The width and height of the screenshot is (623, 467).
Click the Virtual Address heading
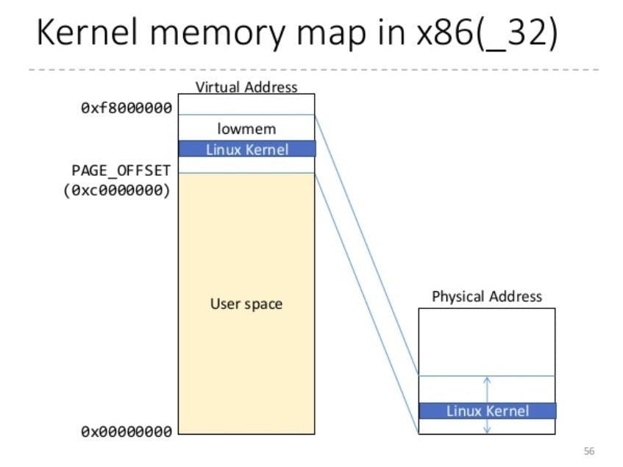click(246, 87)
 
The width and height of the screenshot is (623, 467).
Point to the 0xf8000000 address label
click(127, 108)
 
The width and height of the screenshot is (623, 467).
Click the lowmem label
click(246, 129)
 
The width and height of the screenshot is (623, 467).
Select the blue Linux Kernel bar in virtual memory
click(246, 149)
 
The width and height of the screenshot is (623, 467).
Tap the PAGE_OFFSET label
click(121, 171)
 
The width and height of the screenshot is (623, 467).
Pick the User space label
click(246, 304)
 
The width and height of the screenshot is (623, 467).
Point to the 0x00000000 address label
click(127, 431)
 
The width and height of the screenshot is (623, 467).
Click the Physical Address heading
click(486, 296)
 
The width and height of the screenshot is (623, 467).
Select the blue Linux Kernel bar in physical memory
click(487, 410)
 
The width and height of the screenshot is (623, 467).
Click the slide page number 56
click(588, 451)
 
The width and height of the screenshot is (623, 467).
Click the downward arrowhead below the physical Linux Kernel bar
click(487, 429)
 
